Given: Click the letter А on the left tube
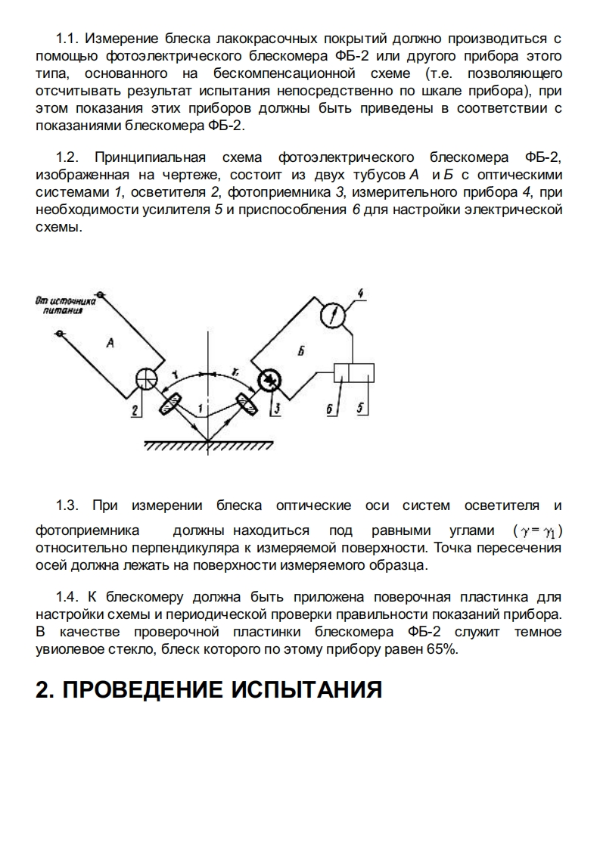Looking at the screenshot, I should pos(110,343).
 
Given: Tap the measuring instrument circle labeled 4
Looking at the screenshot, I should pos(334,314).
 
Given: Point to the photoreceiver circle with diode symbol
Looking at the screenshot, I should pos(267,381).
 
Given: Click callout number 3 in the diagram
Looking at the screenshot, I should pos(278,409).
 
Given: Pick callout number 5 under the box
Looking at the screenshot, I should pos(360,408).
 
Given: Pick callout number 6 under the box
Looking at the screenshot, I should pos(331,409).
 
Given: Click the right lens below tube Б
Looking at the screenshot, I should pos(245,407).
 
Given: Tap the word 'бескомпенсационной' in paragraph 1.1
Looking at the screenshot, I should pos(291,73).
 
